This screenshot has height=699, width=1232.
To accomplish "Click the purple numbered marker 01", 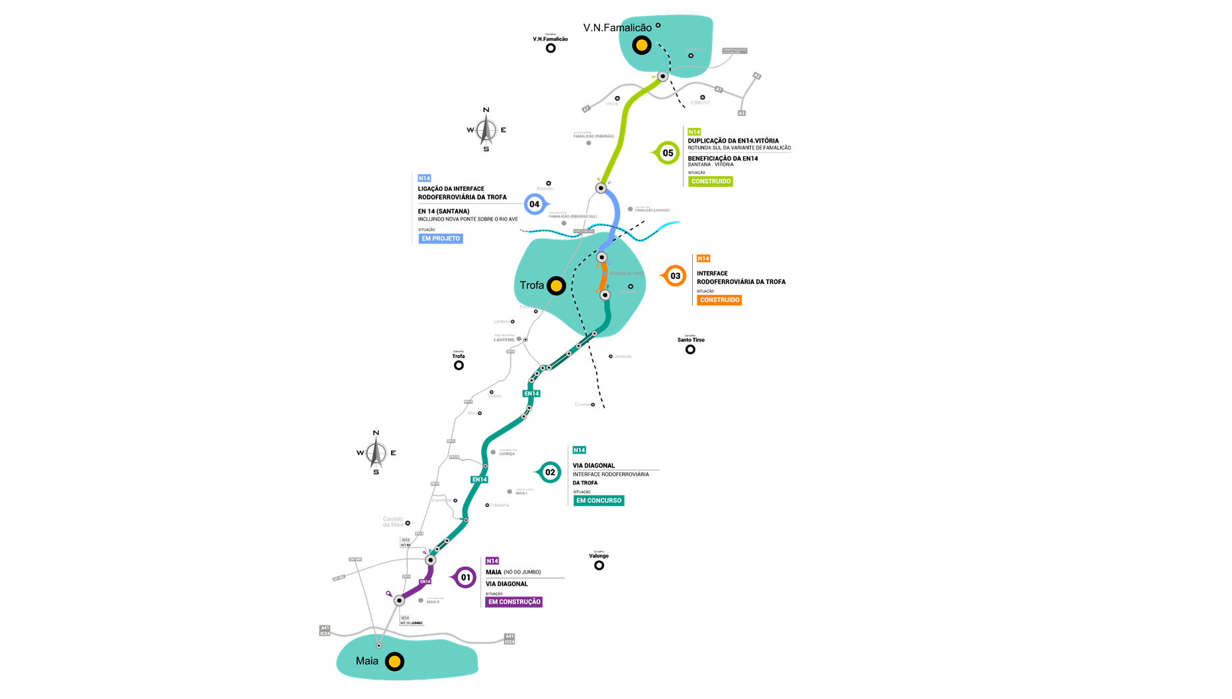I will (x=465, y=578).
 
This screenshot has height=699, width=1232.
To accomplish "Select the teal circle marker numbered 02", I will (x=550, y=472).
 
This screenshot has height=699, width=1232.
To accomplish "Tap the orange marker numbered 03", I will (x=675, y=276).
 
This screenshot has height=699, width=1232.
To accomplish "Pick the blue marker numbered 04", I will (x=535, y=204).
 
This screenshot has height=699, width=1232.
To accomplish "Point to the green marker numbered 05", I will (x=667, y=153).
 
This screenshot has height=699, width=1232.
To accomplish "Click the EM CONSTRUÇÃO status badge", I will (x=514, y=602).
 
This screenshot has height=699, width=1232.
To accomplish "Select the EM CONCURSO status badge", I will (x=599, y=500).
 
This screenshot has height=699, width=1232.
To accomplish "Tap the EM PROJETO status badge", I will (x=440, y=238).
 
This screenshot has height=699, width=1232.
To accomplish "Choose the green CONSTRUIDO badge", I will (x=711, y=181).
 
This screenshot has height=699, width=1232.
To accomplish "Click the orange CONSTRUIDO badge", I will (x=719, y=300).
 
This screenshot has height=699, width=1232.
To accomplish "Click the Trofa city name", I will (x=532, y=285).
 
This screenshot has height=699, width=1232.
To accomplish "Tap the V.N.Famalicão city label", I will (x=617, y=27).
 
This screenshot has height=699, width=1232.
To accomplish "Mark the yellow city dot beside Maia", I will (x=394, y=662).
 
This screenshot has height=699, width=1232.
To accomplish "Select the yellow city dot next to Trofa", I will (x=556, y=286).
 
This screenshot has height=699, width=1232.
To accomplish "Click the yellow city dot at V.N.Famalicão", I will (x=641, y=45).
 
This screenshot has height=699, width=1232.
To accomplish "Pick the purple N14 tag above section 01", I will (x=493, y=561).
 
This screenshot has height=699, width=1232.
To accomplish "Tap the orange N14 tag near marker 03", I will (x=703, y=259).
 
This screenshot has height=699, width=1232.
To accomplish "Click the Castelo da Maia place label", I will (x=393, y=522).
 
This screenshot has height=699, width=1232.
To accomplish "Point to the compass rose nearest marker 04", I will (x=487, y=129).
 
